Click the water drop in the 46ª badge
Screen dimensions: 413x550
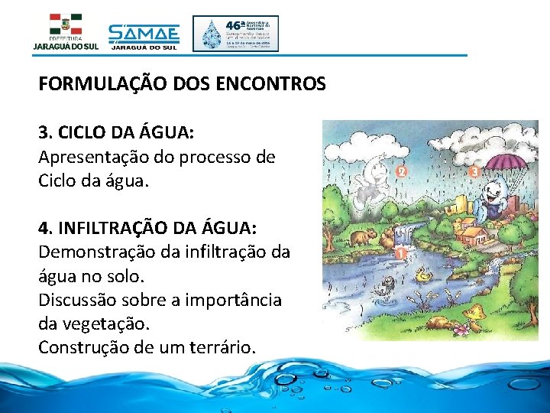(x=211, y=34)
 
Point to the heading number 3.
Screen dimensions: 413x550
(x=44, y=132)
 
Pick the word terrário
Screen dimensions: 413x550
(x=219, y=346)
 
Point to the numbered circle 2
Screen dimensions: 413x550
(x=402, y=172)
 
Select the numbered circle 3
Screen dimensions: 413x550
(x=474, y=172)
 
